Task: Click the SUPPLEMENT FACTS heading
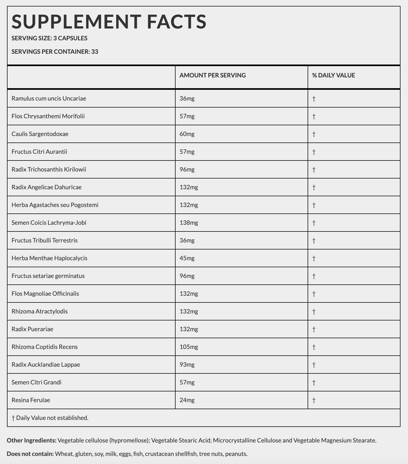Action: click(x=109, y=22)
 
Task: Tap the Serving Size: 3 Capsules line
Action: click(x=49, y=38)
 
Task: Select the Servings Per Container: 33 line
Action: click(x=55, y=52)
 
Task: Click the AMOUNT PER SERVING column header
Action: click(x=213, y=75)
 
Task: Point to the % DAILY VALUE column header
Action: click(x=333, y=75)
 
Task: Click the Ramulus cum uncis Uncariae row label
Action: click(x=49, y=98)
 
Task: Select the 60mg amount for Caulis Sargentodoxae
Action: click(x=187, y=134)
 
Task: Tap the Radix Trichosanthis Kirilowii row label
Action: click(x=49, y=169)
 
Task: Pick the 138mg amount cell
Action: click(x=189, y=223)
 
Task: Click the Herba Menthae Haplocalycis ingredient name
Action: click(x=49, y=258)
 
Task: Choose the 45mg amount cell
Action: click(x=187, y=258)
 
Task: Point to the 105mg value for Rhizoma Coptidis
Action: click(x=189, y=347)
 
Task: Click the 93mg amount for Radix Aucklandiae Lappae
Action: click(x=187, y=365)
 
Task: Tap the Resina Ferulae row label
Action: click(x=31, y=400)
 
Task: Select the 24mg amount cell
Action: click(x=187, y=400)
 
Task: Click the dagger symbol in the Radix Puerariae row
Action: click(x=314, y=329)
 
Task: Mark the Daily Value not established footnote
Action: click(x=50, y=418)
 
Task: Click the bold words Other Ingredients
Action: click(x=31, y=440)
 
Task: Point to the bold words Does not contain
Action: click(x=30, y=454)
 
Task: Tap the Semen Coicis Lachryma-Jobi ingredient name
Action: click(x=49, y=223)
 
